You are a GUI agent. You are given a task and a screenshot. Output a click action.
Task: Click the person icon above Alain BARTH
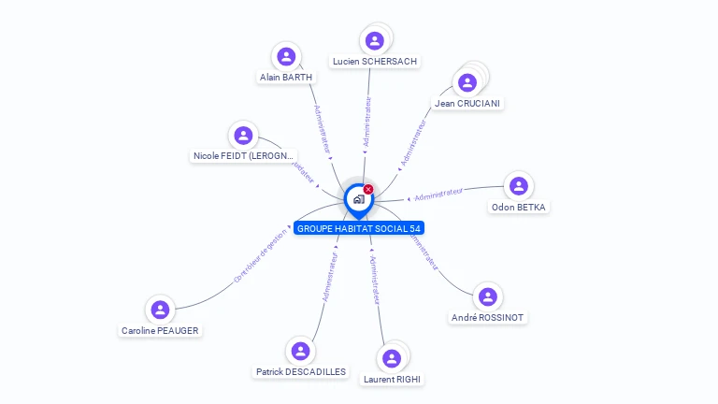pos(286,56)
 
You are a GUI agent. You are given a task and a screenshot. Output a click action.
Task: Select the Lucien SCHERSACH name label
pos(375,62)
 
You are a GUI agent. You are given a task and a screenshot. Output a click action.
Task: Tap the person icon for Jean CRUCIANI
pos(467,82)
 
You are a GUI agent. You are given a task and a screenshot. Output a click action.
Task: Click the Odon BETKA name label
pos(519,207)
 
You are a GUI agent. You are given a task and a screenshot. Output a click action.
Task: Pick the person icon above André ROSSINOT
pos(487,297)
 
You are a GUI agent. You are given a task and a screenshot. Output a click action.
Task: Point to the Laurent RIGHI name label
pos(393,379)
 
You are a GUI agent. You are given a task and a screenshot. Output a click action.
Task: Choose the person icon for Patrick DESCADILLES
pos(300,351)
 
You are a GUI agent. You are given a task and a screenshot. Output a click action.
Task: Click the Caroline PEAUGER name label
pos(160,330)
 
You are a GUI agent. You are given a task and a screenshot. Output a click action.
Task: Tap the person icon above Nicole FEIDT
pos(243,136)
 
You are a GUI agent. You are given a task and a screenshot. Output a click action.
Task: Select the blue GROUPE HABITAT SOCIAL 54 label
pos(359,228)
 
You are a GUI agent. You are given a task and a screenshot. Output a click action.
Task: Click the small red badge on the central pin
pos(368,190)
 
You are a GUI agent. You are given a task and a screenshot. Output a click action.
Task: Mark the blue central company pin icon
pos(358,199)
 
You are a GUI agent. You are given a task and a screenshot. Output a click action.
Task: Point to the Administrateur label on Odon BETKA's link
pos(438,194)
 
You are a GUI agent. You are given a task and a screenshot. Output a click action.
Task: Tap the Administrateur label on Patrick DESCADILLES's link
pos(329,275)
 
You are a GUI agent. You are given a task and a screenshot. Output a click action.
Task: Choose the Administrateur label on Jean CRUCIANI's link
pos(413,142)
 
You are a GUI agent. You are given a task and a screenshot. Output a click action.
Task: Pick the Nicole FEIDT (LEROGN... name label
pos(244,155)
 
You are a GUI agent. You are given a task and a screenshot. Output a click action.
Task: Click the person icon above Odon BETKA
pos(519,186)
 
